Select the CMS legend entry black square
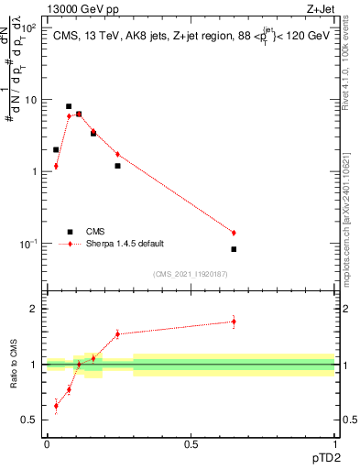pyautogui.click(x=70, y=232)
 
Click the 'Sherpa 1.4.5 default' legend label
pyautogui.click(x=125, y=244)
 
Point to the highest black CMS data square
pyautogui.click(x=69, y=106)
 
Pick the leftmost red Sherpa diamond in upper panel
pyautogui.click(x=56, y=166)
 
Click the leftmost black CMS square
pyautogui.click(x=56, y=149)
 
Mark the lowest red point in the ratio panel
pyautogui.click(x=56, y=406)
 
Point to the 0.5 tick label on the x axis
pyautogui.click(x=191, y=443)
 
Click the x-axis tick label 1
pyautogui.click(x=334, y=443)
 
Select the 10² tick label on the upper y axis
pyautogui.click(x=30, y=28)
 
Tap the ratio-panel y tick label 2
pyautogui.click(x=35, y=309)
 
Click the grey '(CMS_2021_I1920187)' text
pyautogui.click(x=191, y=274)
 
